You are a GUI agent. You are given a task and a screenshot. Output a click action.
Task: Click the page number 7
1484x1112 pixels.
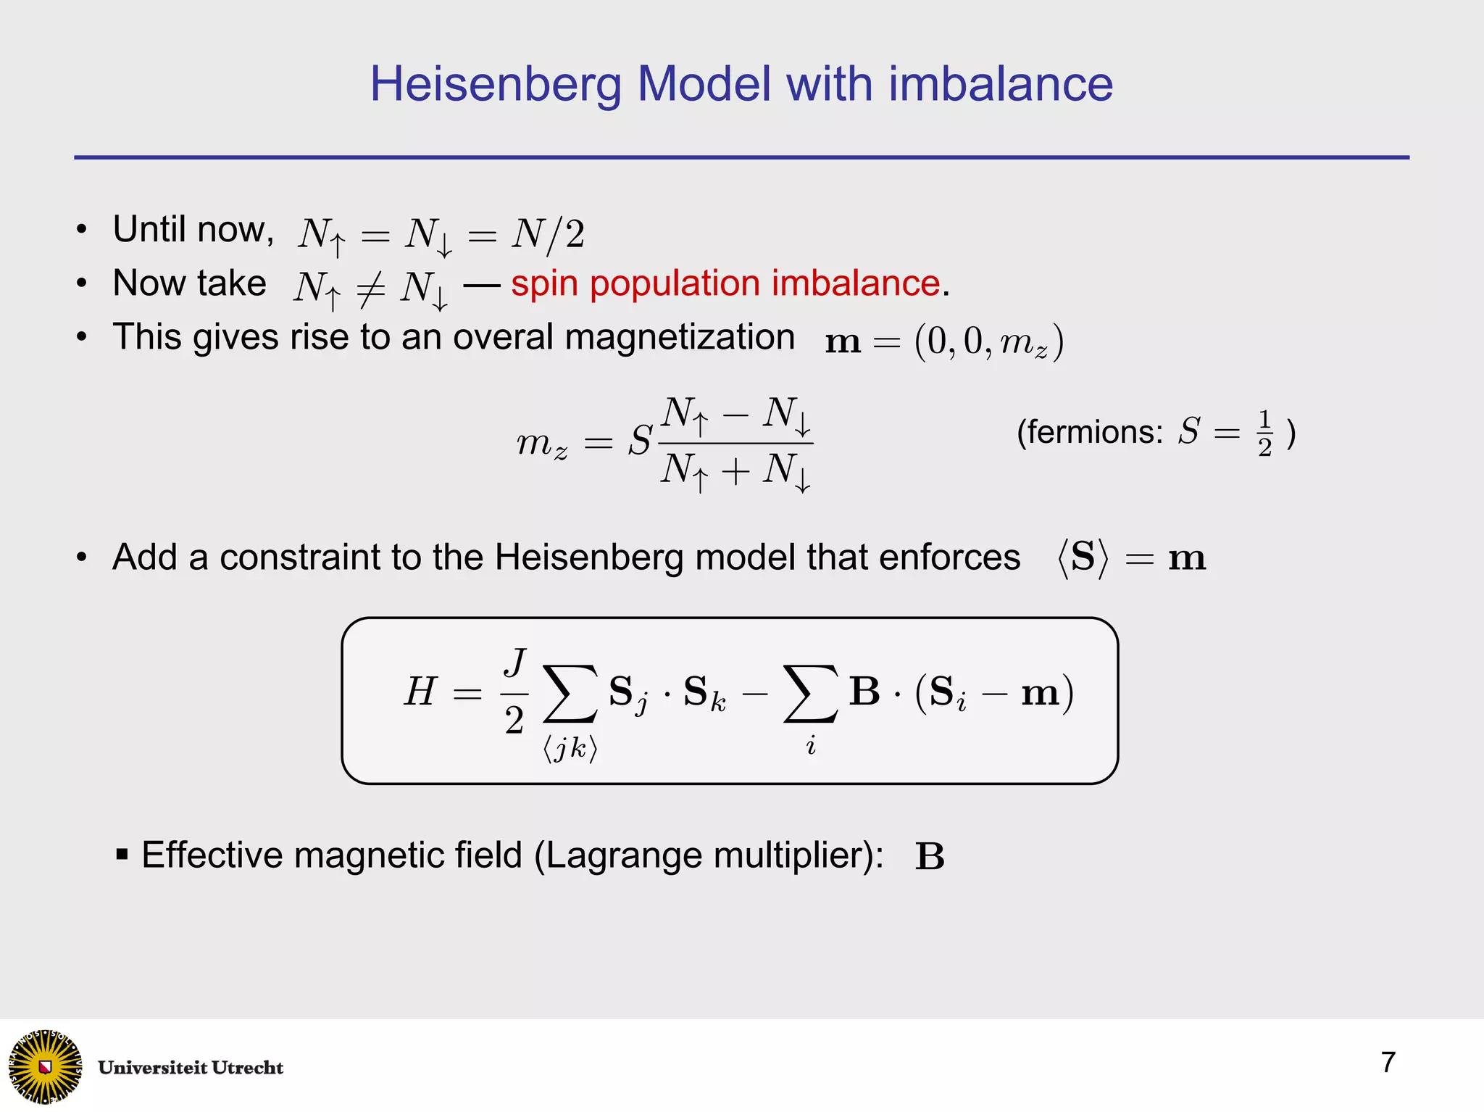(1388, 1062)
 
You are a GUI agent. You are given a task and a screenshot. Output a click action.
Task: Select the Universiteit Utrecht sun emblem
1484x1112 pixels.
(46, 1066)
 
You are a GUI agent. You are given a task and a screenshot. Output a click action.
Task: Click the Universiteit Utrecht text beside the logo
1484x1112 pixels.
(191, 1068)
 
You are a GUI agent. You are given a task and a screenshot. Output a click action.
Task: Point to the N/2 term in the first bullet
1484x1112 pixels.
(548, 234)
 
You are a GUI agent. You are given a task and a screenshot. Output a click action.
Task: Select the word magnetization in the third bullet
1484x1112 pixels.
(679, 337)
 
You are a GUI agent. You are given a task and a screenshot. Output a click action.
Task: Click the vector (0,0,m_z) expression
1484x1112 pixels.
(988, 341)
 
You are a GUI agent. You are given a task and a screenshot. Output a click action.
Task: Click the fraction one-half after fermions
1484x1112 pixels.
(1264, 433)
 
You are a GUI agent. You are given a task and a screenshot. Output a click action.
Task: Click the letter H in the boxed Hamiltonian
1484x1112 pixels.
(421, 691)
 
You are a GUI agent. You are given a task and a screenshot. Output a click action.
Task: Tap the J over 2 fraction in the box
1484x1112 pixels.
(514, 692)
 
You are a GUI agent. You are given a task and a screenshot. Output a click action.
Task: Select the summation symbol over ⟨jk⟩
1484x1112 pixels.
(571, 694)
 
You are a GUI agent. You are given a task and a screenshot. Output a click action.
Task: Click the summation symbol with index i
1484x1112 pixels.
(811, 694)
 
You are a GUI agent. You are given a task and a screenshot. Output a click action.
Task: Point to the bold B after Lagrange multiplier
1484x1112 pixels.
(930, 857)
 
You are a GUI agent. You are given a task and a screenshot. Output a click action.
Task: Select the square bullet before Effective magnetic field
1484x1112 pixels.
(122, 854)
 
